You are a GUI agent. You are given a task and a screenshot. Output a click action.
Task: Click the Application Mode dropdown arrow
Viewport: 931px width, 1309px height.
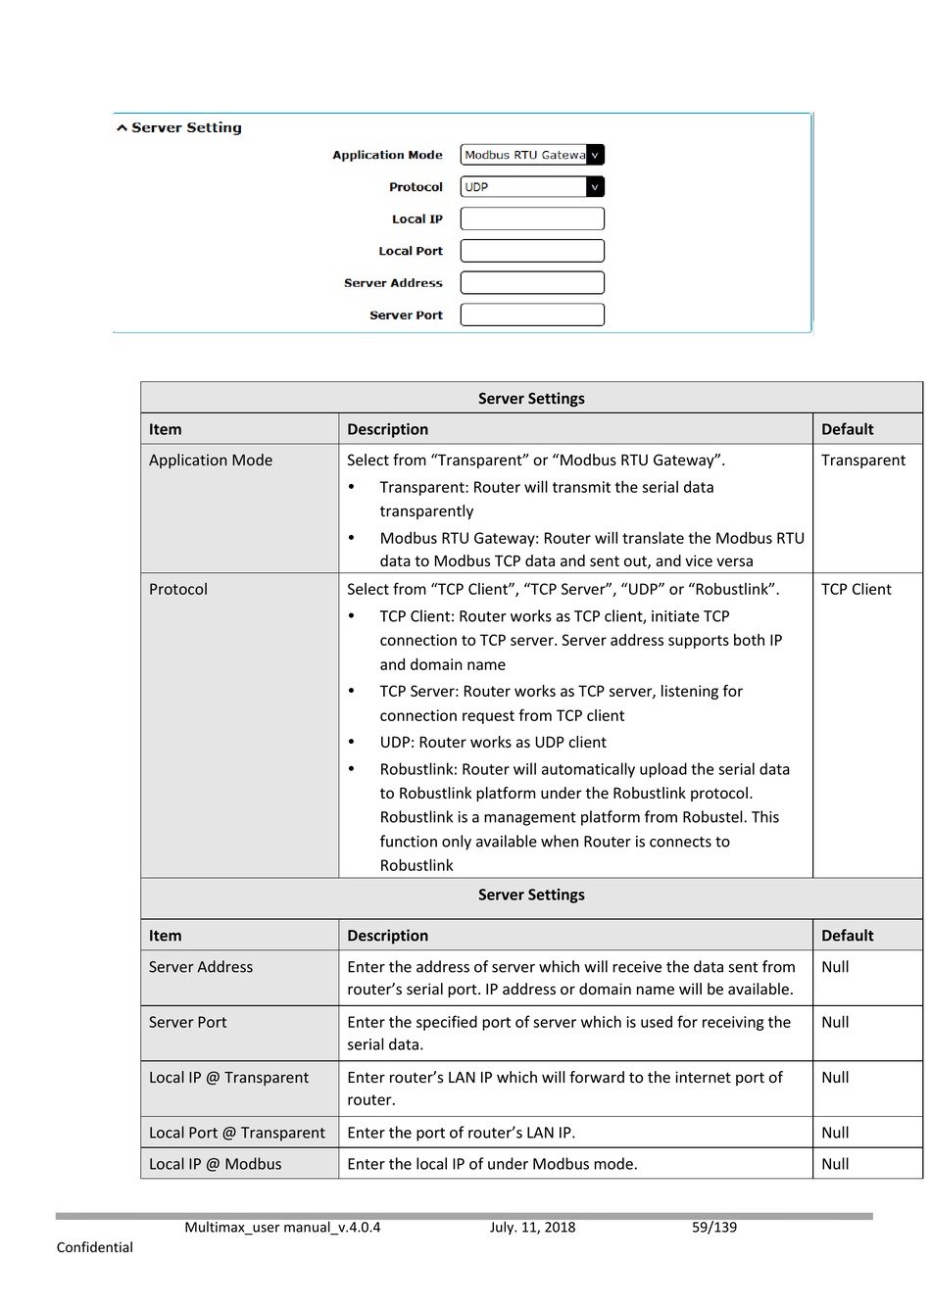[595, 155]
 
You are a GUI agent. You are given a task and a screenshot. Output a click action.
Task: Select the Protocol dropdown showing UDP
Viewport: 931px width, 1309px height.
[531, 187]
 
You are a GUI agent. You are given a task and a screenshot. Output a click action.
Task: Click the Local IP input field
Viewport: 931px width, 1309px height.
[532, 218]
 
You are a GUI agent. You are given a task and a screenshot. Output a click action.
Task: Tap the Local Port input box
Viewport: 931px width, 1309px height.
[532, 251]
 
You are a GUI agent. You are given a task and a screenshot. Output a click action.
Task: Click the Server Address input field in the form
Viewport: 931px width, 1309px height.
[532, 283]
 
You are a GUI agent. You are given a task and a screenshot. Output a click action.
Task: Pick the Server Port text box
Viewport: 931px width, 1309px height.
[532, 315]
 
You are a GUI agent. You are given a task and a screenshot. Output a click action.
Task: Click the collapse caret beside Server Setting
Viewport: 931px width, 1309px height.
[122, 128]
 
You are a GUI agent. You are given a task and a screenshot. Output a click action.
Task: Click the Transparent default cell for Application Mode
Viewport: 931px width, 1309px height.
[862, 461]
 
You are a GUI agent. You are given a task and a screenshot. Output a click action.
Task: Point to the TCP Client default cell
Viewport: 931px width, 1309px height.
[856, 590]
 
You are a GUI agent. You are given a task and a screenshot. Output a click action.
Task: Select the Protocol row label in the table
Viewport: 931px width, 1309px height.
[178, 590]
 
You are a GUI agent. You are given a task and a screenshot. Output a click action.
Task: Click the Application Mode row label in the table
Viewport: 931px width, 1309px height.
[211, 461]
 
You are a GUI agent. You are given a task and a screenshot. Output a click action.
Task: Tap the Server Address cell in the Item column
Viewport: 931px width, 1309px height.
[201, 967]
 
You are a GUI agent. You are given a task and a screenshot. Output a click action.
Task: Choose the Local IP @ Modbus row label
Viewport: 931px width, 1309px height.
[215, 1164]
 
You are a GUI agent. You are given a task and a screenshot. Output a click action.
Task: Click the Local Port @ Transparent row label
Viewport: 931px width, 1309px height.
[236, 1133]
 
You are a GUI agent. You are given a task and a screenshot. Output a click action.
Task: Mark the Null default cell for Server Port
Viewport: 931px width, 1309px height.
[835, 1022]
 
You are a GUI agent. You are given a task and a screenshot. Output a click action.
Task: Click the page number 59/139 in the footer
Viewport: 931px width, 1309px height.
[713, 1228]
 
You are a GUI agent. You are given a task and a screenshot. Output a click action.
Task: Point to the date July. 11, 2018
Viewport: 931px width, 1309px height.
[532, 1228]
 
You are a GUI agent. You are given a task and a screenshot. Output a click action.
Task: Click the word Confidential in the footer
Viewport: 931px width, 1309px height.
[95, 1247]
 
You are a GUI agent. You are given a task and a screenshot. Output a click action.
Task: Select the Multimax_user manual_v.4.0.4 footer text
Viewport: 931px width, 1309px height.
[282, 1228]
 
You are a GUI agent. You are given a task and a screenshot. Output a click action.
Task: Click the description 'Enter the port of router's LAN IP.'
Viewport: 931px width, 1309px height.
[461, 1133]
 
